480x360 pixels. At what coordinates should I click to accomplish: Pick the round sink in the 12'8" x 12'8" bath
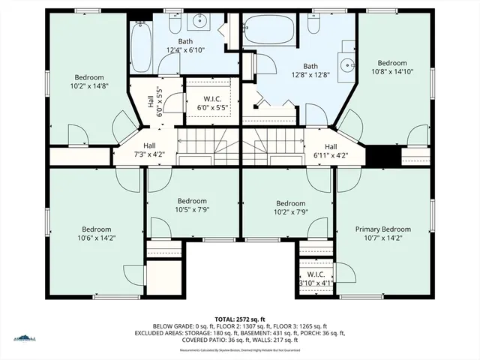(346, 65)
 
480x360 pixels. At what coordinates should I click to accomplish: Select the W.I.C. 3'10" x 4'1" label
(314, 279)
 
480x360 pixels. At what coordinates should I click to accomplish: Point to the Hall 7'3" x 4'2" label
(149, 150)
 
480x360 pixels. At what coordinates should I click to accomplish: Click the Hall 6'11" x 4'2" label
(331, 151)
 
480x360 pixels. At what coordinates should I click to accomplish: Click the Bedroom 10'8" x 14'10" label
(391, 67)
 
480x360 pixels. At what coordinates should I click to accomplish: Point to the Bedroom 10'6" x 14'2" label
(97, 234)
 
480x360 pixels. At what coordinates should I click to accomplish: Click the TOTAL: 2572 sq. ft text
(240, 319)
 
